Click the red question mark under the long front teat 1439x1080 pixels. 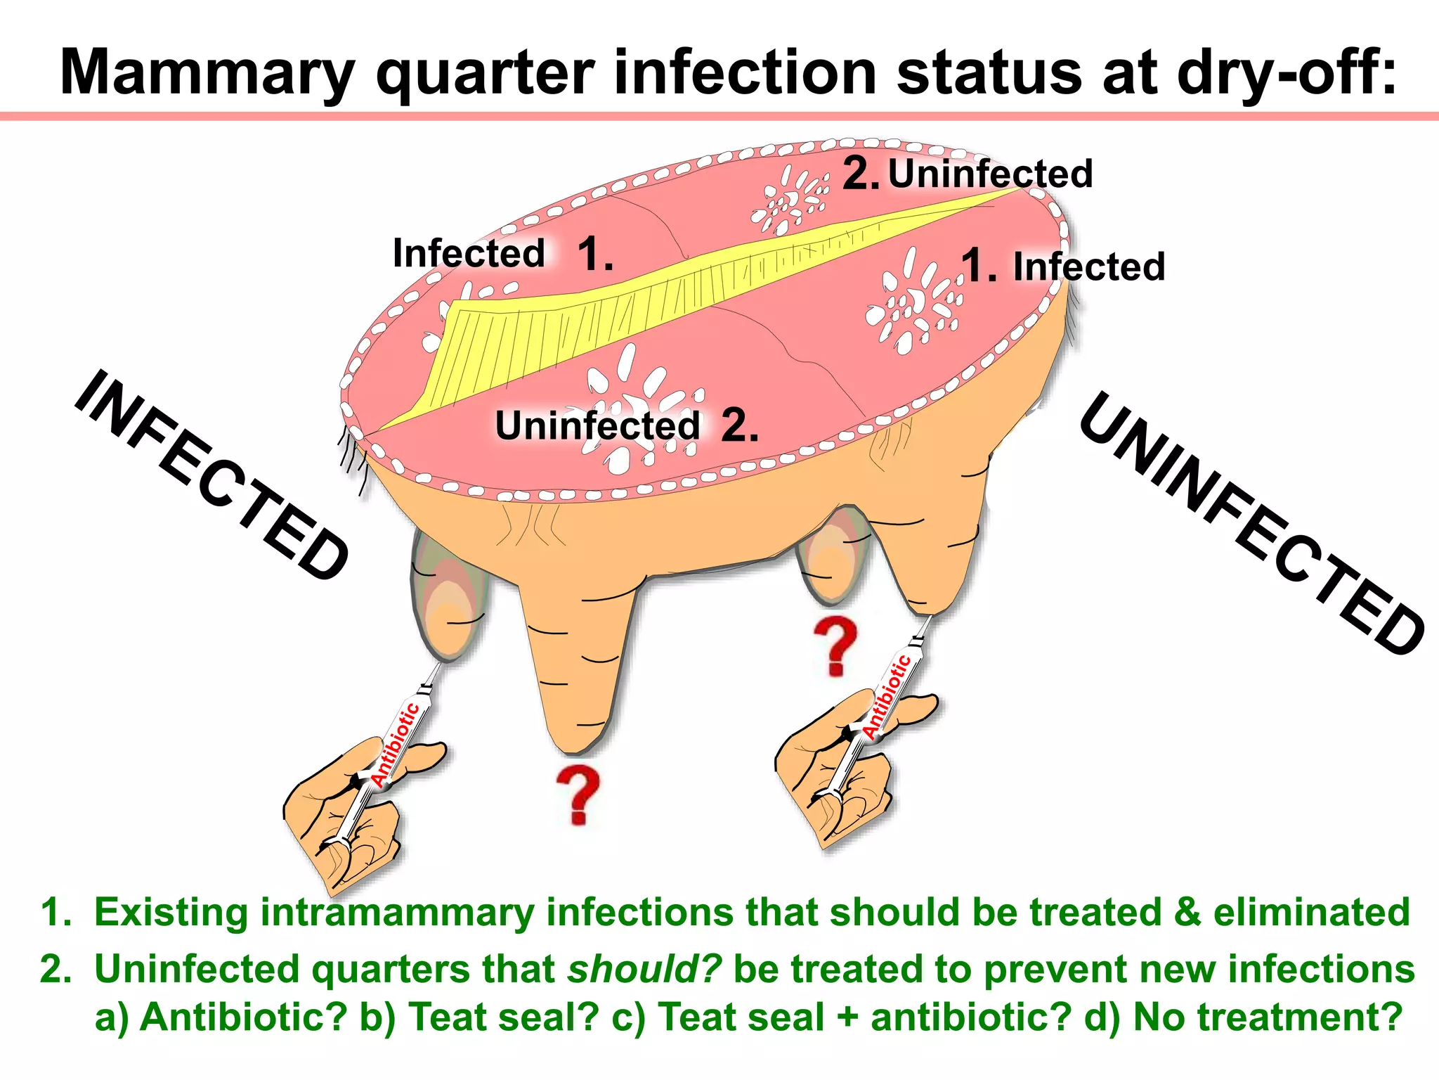[578, 795]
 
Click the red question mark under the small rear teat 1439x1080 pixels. [835, 646]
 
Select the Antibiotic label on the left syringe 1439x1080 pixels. [395, 745]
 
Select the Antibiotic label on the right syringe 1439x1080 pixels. [887, 696]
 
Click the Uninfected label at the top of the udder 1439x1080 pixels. [990, 174]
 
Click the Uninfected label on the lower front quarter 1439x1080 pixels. [597, 425]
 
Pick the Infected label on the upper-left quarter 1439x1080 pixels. [469, 253]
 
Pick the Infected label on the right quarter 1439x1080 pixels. [1088, 267]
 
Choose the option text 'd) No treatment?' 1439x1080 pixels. [1268, 1017]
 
